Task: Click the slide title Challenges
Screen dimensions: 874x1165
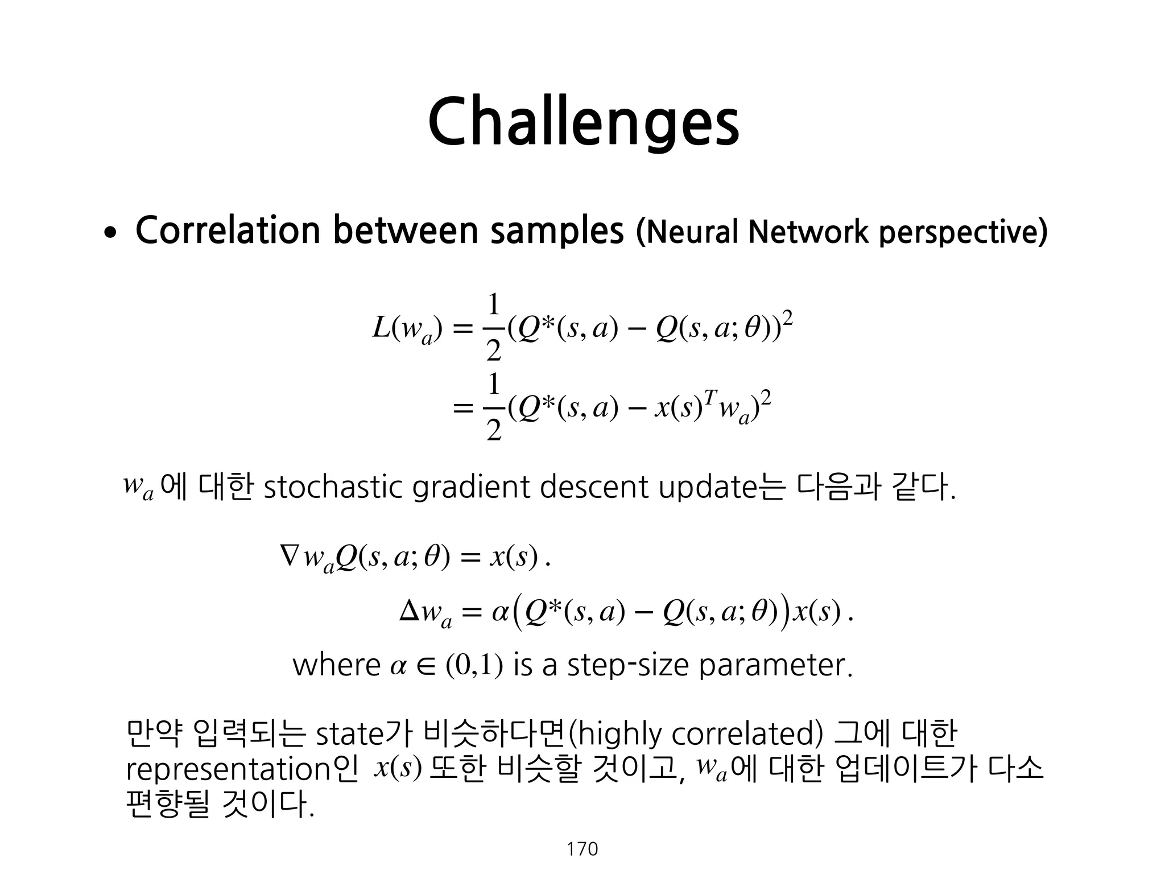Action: coord(583,121)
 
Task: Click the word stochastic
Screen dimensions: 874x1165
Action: coord(333,488)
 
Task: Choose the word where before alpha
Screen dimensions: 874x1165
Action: coord(336,665)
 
